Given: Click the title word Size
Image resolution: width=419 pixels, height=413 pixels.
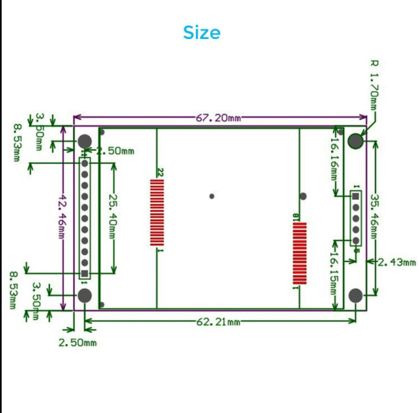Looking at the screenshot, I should click(202, 33).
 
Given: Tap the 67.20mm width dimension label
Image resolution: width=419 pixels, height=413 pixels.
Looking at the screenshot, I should click(219, 118).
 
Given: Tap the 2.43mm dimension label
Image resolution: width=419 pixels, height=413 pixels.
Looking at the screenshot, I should click(396, 262).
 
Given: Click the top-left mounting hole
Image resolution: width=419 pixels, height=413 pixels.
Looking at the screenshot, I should click(85, 141).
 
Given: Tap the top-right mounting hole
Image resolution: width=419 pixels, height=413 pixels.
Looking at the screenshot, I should click(355, 141).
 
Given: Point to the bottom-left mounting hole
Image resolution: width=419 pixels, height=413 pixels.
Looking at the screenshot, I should click(85, 296).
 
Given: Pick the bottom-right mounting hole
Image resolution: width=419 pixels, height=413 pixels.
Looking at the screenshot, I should click(355, 296).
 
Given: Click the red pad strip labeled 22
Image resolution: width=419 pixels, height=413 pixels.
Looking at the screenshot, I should click(157, 212).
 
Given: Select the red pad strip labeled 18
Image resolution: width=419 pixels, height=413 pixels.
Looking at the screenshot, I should click(299, 253).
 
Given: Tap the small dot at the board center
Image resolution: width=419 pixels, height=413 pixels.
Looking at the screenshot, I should click(211, 196).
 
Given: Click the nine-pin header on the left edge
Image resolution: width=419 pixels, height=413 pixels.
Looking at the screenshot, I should click(85, 218).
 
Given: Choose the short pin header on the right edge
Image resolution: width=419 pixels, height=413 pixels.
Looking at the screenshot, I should click(356, 218).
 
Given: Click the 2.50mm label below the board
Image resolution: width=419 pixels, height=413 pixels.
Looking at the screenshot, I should click(77, 342).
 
